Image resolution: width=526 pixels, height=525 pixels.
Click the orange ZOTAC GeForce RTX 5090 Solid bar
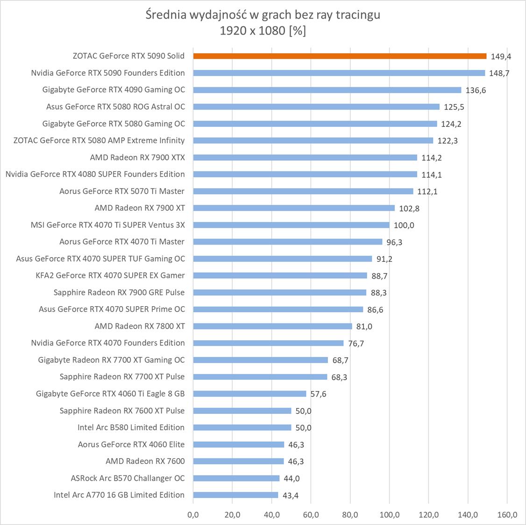340,56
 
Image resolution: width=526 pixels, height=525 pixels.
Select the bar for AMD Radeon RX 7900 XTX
305,157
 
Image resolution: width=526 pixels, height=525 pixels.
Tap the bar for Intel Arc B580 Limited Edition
242,427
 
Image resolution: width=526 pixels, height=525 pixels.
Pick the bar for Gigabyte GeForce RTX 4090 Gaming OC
327,90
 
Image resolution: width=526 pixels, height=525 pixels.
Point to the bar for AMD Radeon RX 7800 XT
272,326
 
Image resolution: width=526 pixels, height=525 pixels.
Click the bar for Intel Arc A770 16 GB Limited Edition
235,495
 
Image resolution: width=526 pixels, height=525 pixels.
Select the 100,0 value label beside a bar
404,225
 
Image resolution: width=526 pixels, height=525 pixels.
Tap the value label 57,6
318,394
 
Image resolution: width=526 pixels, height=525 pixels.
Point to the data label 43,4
290,496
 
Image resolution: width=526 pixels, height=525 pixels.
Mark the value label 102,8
409,209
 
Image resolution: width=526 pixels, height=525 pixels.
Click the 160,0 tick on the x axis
507,515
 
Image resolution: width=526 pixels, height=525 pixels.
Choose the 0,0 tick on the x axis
193,515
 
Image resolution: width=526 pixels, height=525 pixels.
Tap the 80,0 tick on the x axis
350,515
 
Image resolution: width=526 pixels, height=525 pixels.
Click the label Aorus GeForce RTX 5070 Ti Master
122,191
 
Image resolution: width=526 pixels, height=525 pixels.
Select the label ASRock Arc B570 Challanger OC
128,478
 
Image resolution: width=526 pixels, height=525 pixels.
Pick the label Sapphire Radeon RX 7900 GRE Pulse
119,293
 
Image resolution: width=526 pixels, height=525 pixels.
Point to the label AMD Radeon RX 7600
145,462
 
